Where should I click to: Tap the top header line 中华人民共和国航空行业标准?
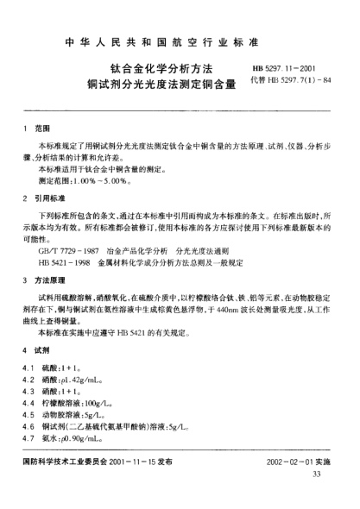[179, 39]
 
